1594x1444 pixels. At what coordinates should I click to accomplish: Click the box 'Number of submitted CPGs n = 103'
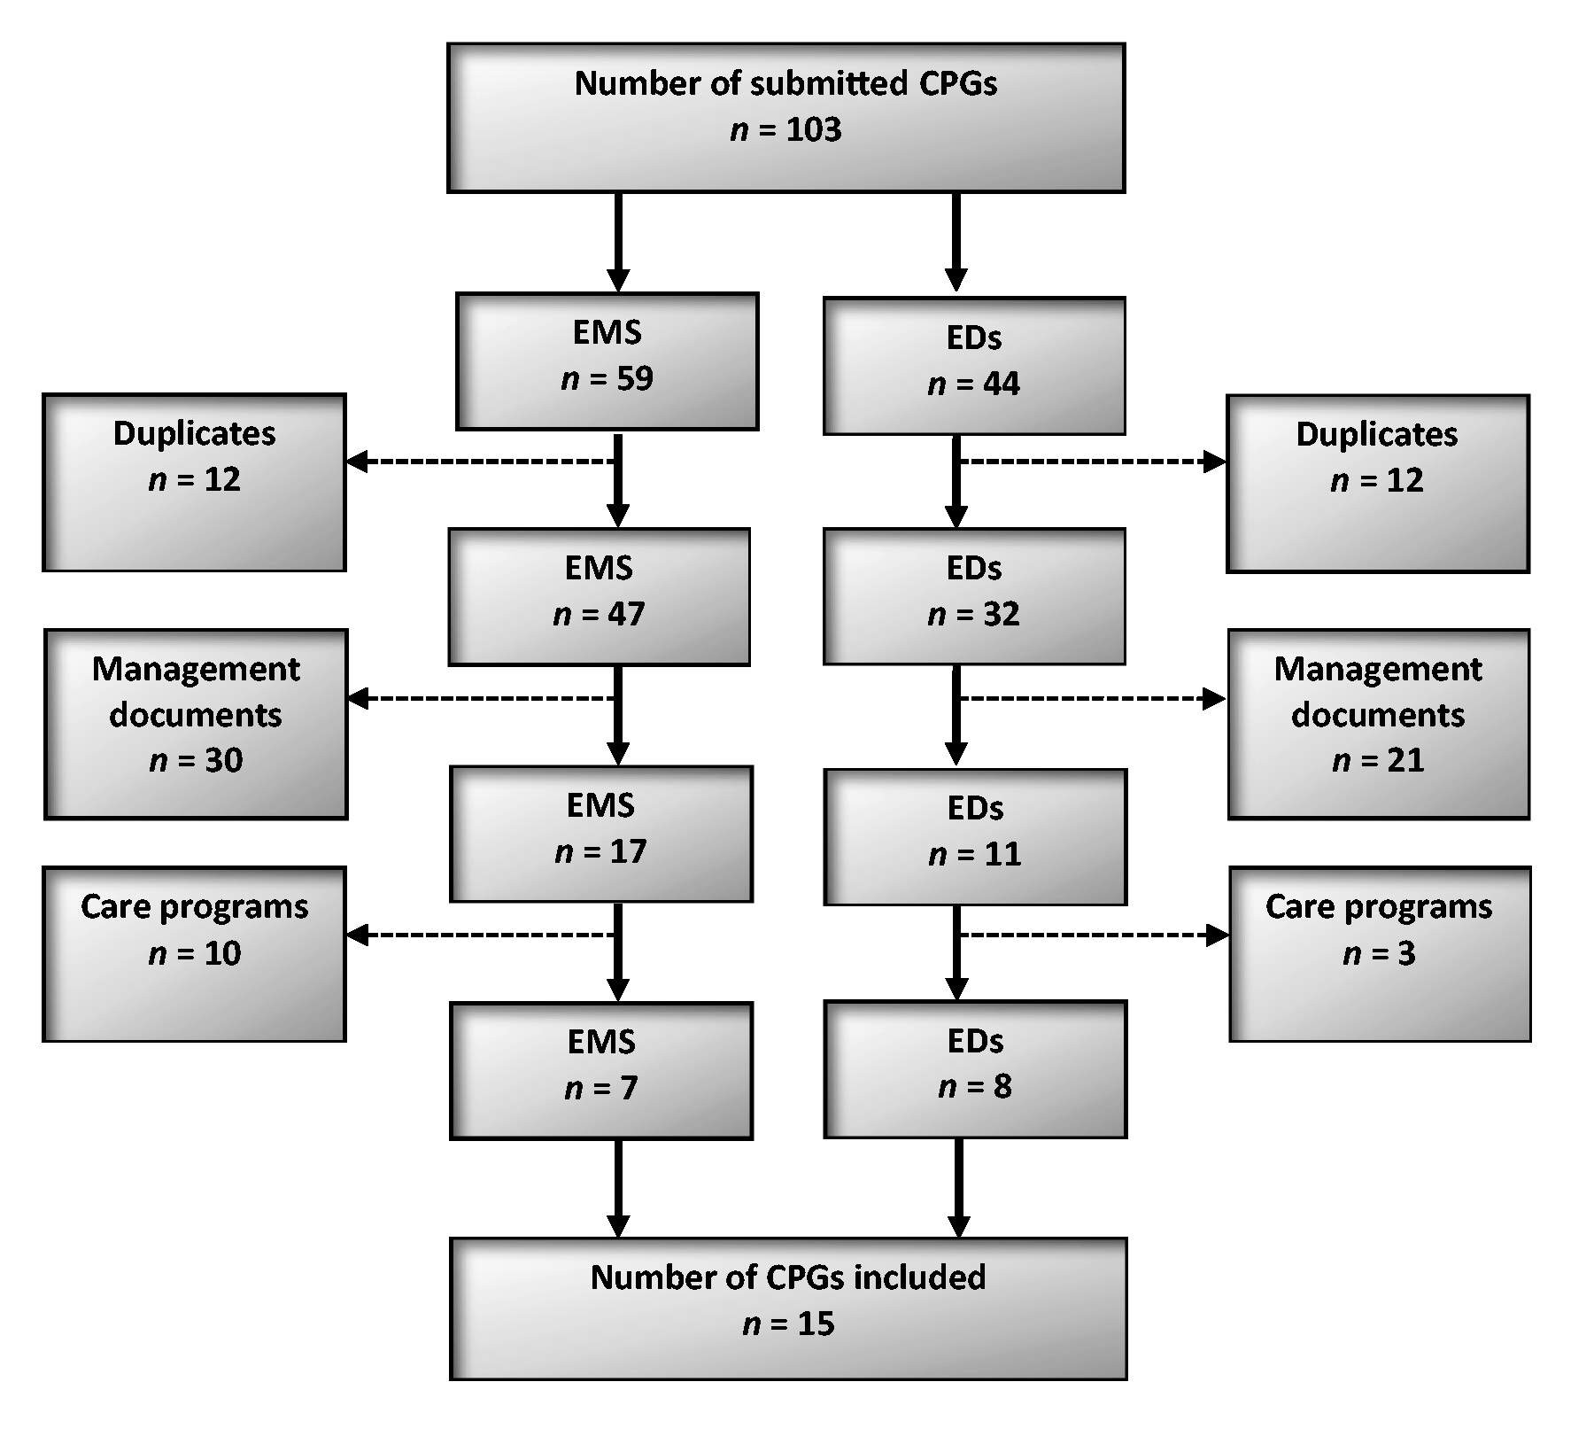(x=785, y=118)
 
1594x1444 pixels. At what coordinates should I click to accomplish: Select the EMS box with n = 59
(x=607, y=361)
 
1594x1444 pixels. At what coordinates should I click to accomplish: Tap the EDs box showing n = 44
(x=974, y=366)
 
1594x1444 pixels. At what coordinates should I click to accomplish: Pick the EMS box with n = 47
(x=600, y=597)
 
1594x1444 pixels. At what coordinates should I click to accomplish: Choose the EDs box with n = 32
(x=974, y=596)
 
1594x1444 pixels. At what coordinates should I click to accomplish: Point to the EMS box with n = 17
(x=601, y=834)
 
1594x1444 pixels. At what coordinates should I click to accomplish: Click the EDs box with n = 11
(x=975, y=836)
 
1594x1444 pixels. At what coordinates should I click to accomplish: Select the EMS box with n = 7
(x=601, y=1070)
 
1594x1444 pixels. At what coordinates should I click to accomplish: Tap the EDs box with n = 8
(x=975, y=1069)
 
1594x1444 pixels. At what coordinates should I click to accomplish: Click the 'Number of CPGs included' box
(x=788, y=1308)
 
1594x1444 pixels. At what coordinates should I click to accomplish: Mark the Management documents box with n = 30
(x=196, y=725)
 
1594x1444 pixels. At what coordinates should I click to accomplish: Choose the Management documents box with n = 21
(x=1379, y=725)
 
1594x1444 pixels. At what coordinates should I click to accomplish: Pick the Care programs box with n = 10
(x=194, y=954)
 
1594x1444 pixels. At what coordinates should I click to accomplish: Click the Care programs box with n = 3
(x=1380, y=954)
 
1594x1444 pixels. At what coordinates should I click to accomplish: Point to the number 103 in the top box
(x=813, y=130)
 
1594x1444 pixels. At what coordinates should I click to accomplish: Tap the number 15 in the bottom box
(x=816, y=1324)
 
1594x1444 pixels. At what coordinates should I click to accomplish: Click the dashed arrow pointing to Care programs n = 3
(x=1095, y=935)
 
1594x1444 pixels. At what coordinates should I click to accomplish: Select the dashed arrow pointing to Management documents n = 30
(x=480, y=699)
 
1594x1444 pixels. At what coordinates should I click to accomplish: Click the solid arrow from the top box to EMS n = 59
(x=618, y=242)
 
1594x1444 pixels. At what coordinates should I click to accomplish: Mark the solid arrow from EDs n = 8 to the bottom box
(x=958, y=1188)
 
